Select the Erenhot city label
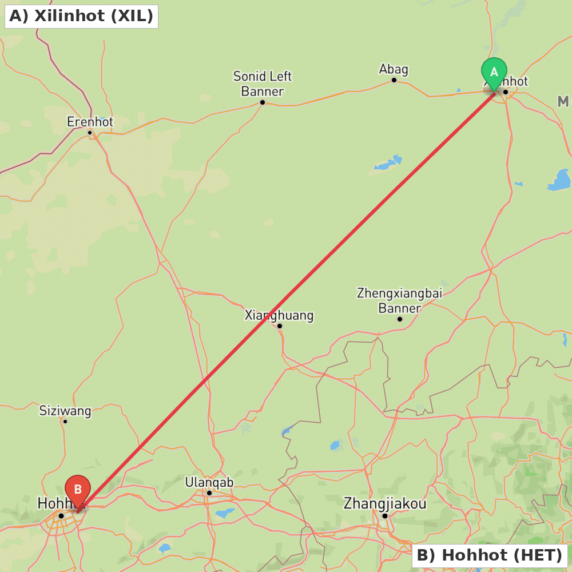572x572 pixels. pos(90,122)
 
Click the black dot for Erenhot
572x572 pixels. pos(90,133)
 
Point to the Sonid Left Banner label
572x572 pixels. pos(262,84)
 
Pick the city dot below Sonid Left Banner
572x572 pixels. pos(263,102)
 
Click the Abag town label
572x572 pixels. pos(394,69)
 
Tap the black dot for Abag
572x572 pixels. pos(394,80)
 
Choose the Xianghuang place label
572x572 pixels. pos(279,315)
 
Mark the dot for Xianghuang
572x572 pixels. pos(280,326)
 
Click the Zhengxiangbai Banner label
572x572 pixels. pos(399,300)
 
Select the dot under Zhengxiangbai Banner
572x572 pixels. pos(400,319)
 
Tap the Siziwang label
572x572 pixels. pos(65,411)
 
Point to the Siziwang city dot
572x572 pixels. pos(65,422)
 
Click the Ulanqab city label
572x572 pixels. pos(209,482)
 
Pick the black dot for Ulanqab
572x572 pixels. pos(209,493)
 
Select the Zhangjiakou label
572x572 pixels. pos(384,504)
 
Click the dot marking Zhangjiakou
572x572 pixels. pos(385,516)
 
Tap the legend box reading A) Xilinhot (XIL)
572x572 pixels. pos(81,16)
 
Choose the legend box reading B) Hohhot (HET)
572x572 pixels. pos(489,555)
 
